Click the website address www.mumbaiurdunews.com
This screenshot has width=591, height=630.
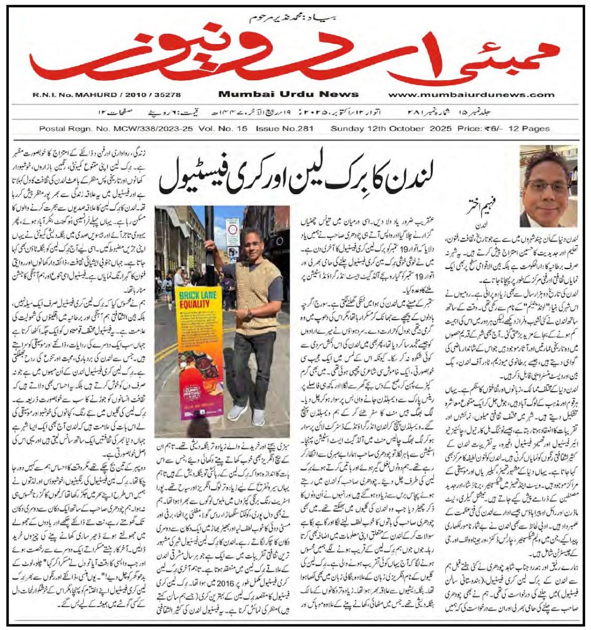(471, 94)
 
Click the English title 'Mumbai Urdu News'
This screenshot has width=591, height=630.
(288, 94)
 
